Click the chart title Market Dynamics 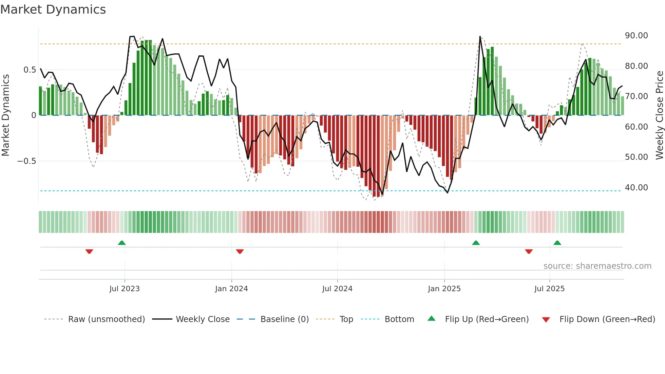point(53,10)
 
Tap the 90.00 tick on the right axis point(636,36)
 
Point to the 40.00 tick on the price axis point(636,188)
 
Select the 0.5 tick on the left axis point(30,70)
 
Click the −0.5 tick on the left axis point(27,161)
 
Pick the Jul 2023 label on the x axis point(125,289)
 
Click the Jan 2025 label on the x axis point(444,289)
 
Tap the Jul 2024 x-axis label point(337,289)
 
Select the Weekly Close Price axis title point(659,115)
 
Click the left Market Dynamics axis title point(5,115)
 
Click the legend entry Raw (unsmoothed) point(106,319)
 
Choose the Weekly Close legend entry point(203,319)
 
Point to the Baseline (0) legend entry point(284,319)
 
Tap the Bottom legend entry point(399,319)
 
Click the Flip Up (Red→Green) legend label point(487,319)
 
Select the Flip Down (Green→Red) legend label point(607,319)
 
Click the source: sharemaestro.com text point(597,266)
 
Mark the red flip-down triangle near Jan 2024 point(240,251)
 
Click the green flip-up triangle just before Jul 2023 point(122,243)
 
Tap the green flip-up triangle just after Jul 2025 point(557,243)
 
